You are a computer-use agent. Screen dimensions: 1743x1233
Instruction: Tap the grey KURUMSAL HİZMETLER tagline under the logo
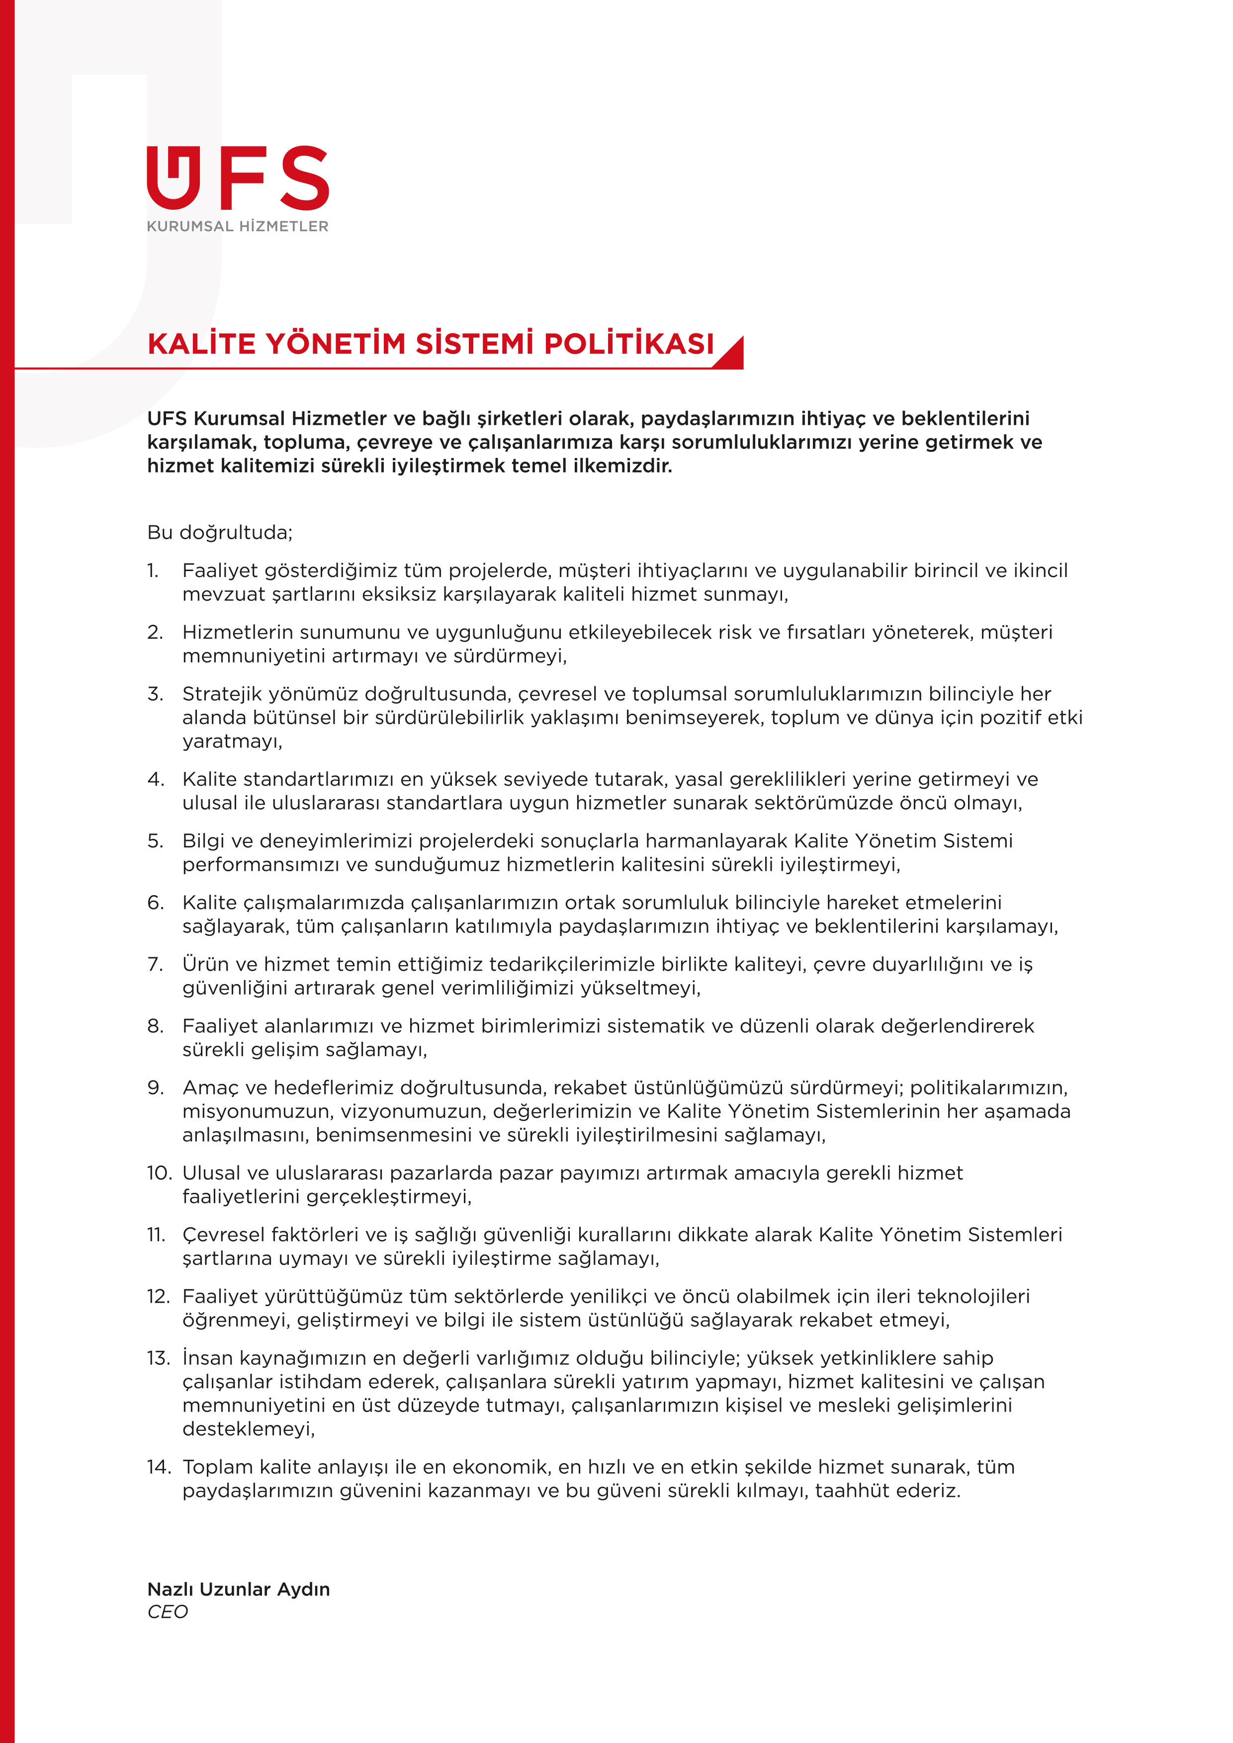pos(238,226)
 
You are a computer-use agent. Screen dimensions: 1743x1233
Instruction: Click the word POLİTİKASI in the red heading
pos(629,344)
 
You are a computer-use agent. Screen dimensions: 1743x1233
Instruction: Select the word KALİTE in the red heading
pos(201,344)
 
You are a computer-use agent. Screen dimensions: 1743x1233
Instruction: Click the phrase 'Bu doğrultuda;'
pos(219,532)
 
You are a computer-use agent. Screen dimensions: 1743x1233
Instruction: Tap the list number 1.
pos(153,570)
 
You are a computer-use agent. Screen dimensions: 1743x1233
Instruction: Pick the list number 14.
pos(159,1467)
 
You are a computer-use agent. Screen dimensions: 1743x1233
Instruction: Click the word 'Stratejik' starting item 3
pos(219,694)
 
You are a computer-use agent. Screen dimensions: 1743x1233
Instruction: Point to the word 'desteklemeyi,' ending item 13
pos(248,1429)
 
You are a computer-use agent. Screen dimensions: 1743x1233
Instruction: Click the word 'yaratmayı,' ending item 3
pos(232,741)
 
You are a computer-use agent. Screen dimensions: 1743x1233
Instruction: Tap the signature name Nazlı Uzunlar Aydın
pos(239,1589)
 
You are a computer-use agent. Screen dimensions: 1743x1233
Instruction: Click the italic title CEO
pos(167,1612)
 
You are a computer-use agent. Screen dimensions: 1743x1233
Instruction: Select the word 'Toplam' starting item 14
pos(216,1467)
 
